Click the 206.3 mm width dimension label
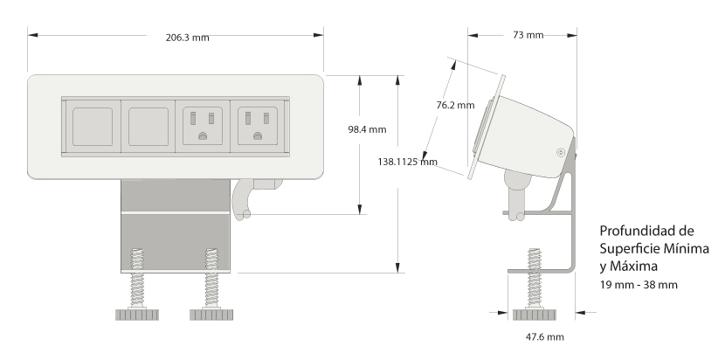click(187, 37)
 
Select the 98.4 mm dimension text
click(367, 129)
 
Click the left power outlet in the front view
click(203, 127)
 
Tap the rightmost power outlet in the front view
click(257, 127)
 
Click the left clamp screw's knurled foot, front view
click(136, 315)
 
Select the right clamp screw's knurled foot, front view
click(211, 315)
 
